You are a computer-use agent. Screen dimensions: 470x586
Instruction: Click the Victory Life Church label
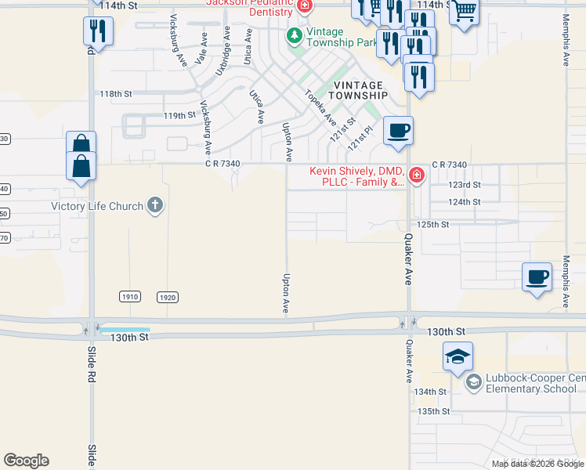97,207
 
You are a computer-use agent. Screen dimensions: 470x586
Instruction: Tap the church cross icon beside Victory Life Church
155,206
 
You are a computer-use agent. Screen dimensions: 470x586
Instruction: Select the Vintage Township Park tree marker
294,35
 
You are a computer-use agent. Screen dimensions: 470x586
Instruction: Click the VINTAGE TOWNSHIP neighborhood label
358,90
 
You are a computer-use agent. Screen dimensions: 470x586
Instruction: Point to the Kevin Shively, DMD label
356,176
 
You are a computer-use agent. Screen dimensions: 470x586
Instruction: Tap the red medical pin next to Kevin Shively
416,175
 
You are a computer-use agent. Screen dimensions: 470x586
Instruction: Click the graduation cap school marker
458,356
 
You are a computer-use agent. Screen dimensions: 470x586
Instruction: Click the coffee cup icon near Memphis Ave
537,277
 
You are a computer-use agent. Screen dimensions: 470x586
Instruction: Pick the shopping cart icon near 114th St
465,11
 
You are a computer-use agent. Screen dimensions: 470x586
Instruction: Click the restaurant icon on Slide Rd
99,31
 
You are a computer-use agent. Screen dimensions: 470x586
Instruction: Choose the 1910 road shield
130,297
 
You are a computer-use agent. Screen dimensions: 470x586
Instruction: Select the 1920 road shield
167,297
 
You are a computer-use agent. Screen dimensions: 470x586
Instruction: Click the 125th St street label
432,224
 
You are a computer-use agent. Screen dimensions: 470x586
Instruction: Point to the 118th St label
116,93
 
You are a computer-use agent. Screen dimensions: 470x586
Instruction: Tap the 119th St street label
179,115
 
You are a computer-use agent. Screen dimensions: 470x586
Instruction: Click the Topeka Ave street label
320,109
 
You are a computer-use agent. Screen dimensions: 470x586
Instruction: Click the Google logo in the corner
26,461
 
